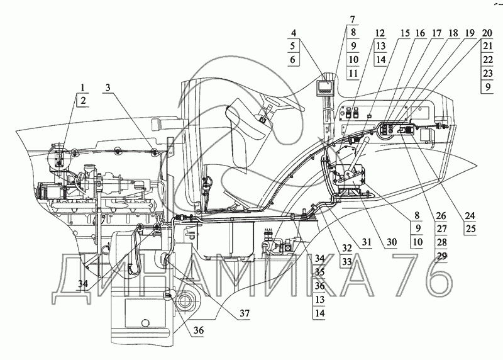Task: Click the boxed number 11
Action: pyautogui.click(x=352, y=74)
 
